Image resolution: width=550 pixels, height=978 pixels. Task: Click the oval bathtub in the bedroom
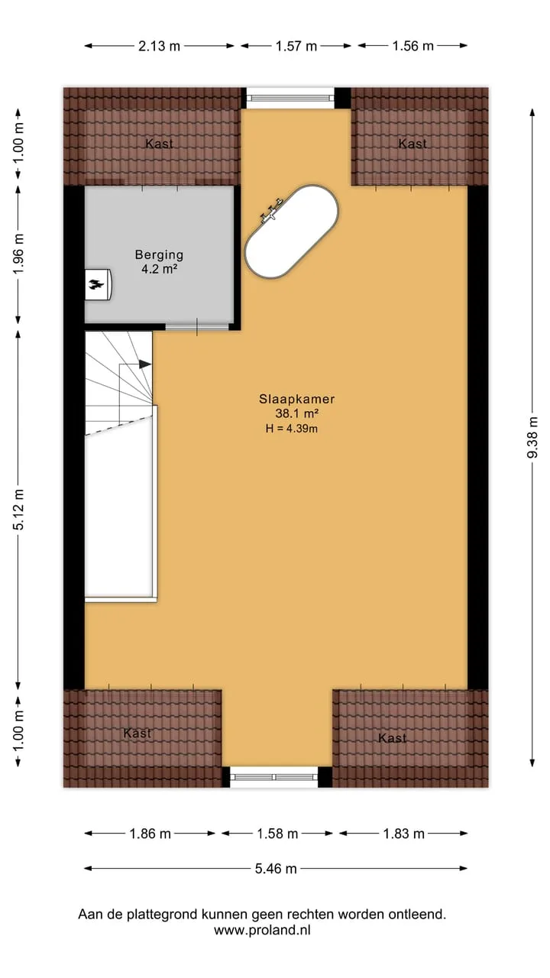(291, 232)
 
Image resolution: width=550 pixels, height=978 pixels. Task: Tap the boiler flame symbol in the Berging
(96, 285)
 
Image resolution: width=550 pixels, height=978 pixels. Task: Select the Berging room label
(159, 254)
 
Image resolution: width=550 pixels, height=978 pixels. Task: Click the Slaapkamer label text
(297, 399)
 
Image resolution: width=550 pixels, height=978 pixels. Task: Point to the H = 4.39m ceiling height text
(292, 429)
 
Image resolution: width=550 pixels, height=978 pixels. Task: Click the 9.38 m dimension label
(532, 437)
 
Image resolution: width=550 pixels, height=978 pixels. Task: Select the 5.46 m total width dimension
(276, 869)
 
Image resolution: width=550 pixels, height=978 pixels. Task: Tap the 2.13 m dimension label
(160, 46)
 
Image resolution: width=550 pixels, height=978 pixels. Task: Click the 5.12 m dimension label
(18, 510)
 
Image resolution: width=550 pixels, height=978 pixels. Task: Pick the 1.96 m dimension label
(18, 254)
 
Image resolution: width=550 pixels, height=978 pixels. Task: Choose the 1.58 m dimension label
(277, 834)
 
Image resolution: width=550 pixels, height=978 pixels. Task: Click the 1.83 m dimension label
(404, 834)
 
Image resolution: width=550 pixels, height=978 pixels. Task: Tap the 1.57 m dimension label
(296, 46)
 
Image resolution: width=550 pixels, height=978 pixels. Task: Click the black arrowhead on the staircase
(145, 364)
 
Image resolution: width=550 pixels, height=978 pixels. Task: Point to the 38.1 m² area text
(297, 413)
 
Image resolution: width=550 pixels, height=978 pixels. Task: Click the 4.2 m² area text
(159, 269)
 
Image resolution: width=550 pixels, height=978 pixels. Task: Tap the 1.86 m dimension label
(150, 834)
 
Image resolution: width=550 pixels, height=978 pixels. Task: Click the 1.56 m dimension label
(413, 46)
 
